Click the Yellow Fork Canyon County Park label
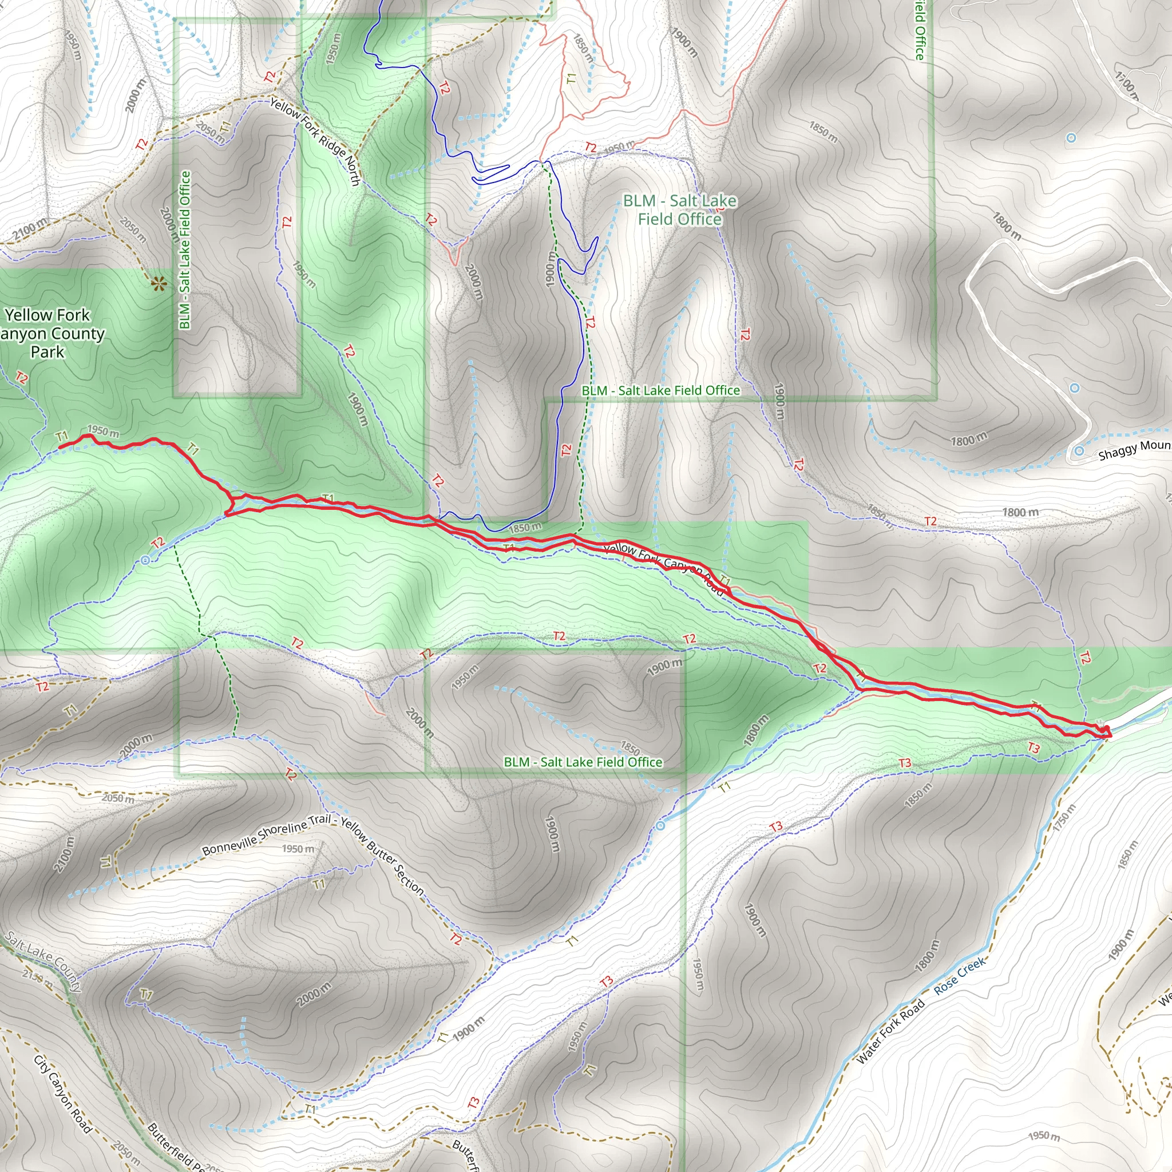[49, 333]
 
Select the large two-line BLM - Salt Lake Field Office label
[679, 209]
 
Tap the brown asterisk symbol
[159, 283]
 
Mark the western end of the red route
[60, 448]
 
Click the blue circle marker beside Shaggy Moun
[1079, 451]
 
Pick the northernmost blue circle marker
[1071, 138]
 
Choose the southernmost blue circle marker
[660, 826]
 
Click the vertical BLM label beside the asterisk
[185, 250]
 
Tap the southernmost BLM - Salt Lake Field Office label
[583, 762]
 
